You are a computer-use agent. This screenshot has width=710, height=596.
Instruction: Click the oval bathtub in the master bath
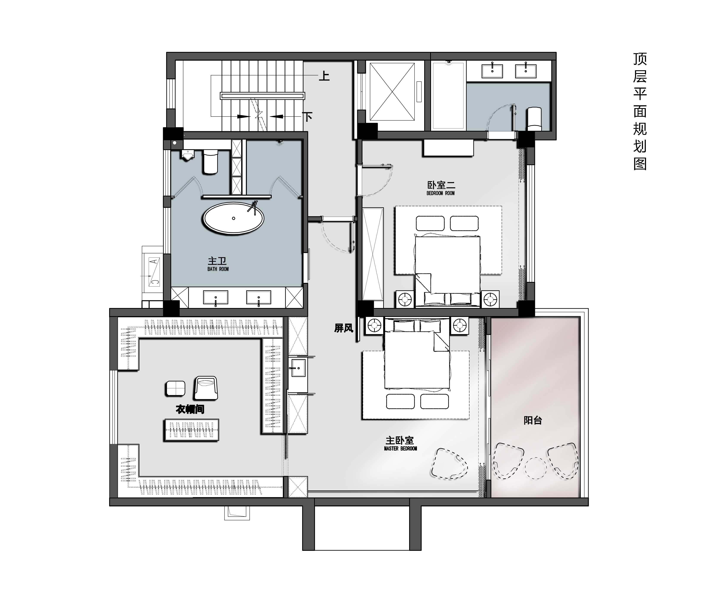click(233, 218)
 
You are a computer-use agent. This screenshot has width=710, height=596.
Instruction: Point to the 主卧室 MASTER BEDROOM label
click(400, 443)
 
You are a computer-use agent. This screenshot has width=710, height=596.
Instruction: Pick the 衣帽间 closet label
click(190, 409)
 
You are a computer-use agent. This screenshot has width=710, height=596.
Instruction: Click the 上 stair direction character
click(324, 75)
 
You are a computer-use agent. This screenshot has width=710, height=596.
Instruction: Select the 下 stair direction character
click(307, 117)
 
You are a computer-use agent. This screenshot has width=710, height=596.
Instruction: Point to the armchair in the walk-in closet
click(205, 388)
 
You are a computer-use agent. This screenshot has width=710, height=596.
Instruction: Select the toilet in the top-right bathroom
click(534, 119)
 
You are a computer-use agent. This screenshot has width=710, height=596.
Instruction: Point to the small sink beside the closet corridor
click(298, 368)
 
